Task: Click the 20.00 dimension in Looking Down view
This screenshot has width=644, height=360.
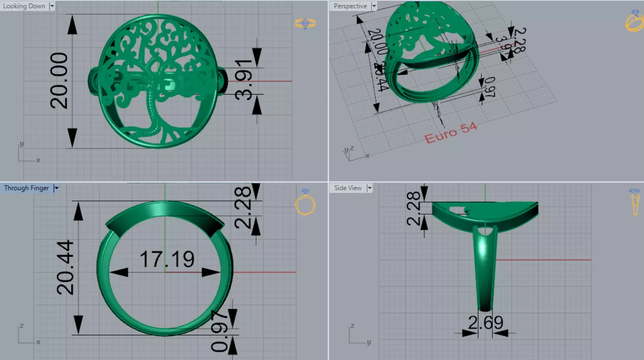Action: (59, 81)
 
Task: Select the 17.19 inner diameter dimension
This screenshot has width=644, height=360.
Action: (167, 259)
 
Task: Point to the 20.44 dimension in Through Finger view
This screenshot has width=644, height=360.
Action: (65, 267)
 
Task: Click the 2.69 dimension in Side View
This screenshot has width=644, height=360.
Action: (485, 323)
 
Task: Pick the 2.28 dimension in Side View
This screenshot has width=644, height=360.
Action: (413, 208)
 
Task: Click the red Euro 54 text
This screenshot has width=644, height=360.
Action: (451, 133)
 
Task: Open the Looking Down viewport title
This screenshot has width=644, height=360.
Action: (24, 6)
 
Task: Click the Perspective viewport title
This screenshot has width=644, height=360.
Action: (350, 6)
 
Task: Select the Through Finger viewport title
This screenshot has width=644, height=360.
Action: (26, 188)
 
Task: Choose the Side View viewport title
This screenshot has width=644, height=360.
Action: (348, 188)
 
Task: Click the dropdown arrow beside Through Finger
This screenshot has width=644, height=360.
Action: (56, 188)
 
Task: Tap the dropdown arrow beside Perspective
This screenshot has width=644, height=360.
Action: (374, 6)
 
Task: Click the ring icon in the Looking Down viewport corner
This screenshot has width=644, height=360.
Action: (305, 23)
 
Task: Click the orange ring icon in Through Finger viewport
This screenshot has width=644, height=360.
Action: (305, 204)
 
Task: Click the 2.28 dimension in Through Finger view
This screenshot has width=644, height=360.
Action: (243, 207)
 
